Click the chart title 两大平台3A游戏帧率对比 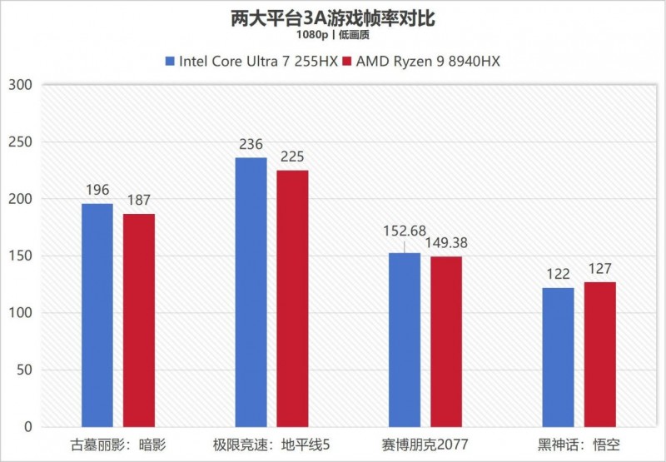coord(332,17)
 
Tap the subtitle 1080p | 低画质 coord(332,35)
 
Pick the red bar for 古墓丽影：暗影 coord(139,320)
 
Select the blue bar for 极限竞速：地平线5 coord(251,291)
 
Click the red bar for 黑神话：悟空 coord(599,354)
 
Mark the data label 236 coord(251,145)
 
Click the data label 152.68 coord(405,230)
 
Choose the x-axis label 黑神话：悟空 coord(579,445)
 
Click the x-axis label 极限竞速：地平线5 coord(271,445)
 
